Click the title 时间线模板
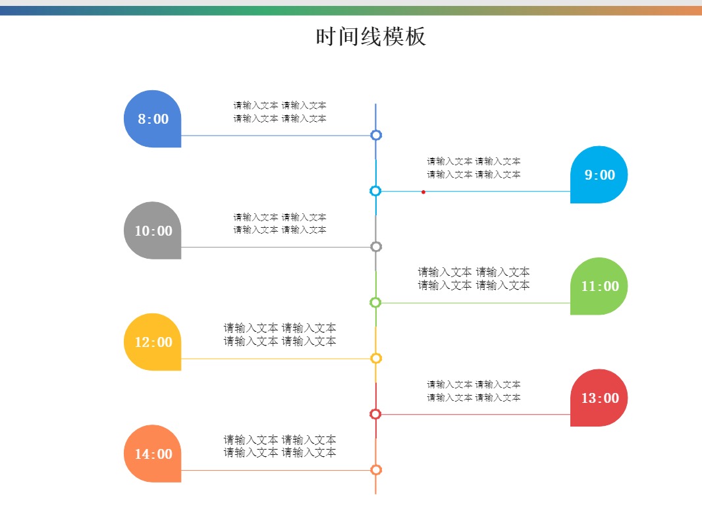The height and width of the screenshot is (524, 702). point(371,37)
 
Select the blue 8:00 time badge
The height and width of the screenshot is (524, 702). point(153,119)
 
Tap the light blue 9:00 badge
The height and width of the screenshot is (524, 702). point(599,175)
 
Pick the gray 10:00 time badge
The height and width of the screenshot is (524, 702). point(153,231)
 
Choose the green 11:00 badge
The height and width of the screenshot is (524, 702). point(599,286)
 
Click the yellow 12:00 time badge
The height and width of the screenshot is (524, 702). point(153,342)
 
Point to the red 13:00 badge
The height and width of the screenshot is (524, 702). point(599,398)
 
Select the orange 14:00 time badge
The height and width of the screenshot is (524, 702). point(153,454)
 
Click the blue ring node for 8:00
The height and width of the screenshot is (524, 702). point(376,136)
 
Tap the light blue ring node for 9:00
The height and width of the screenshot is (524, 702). point(375,191)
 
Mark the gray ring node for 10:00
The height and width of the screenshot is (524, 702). point(376,247)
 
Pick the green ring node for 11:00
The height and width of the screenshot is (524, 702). point(375,303)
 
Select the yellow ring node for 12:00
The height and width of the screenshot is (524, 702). point(376,359)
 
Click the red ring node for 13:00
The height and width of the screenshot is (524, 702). point(375,414)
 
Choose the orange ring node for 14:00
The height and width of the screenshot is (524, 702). point(376,470)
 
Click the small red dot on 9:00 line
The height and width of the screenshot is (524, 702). point(423,192)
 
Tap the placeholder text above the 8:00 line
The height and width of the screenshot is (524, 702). point(280,112)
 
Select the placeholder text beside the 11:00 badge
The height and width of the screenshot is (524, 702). point(473,278)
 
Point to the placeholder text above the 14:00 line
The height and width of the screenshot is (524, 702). point(280,446)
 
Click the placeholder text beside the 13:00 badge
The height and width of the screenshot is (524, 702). point(473,391)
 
